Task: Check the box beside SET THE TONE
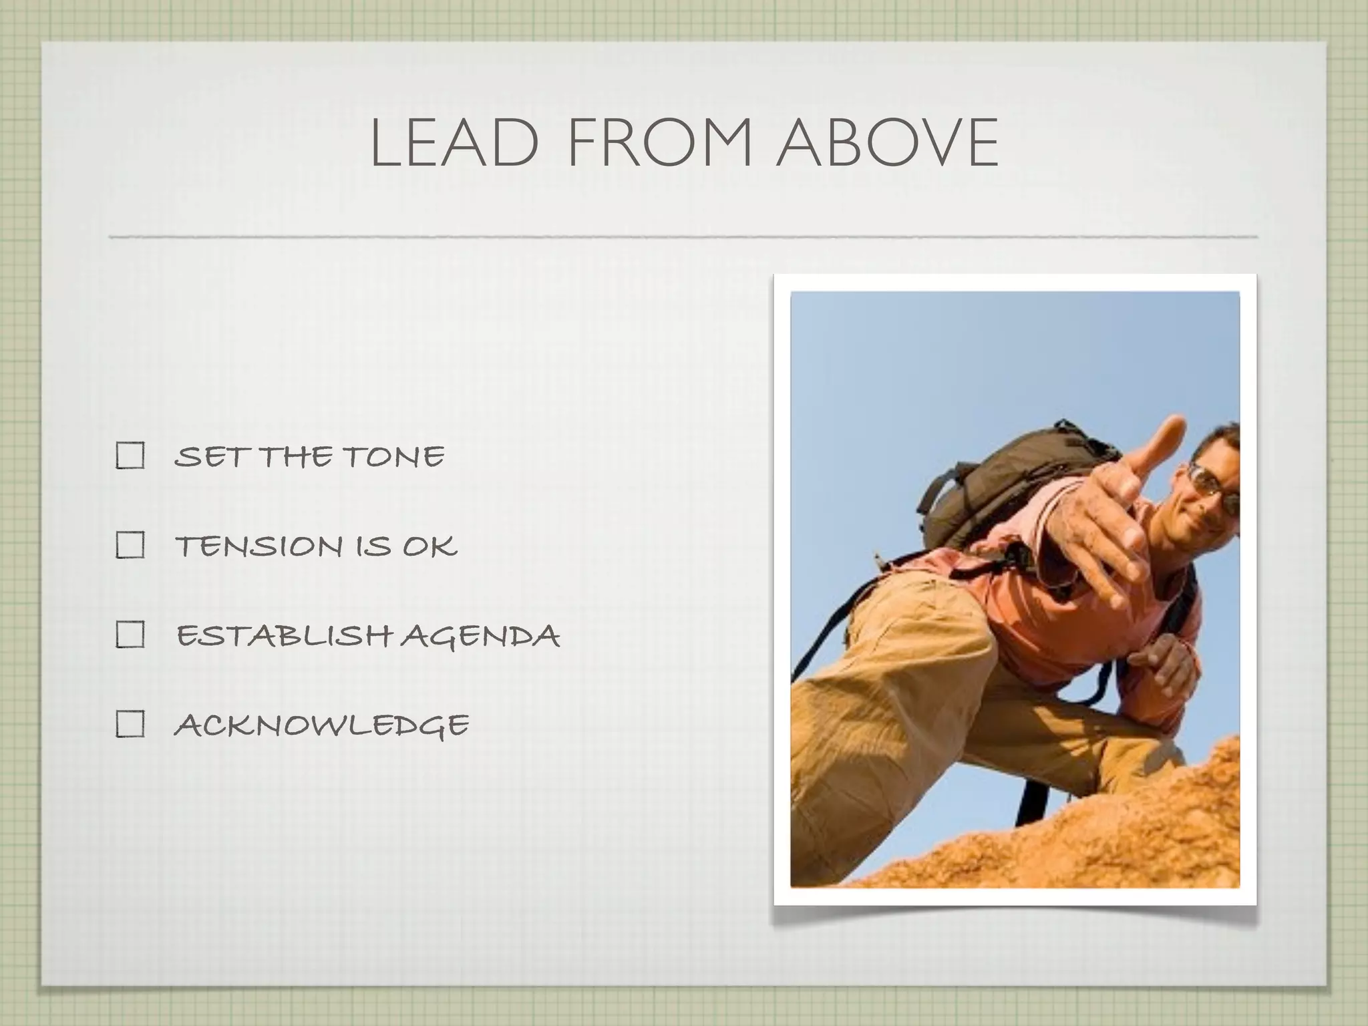(x=130, y=456)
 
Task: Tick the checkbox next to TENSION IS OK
(x=130, y=545)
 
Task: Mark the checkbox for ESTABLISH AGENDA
(x=130, y=635)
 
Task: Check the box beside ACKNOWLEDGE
(x=130, y=723)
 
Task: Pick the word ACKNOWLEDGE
(x=321, y=725)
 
